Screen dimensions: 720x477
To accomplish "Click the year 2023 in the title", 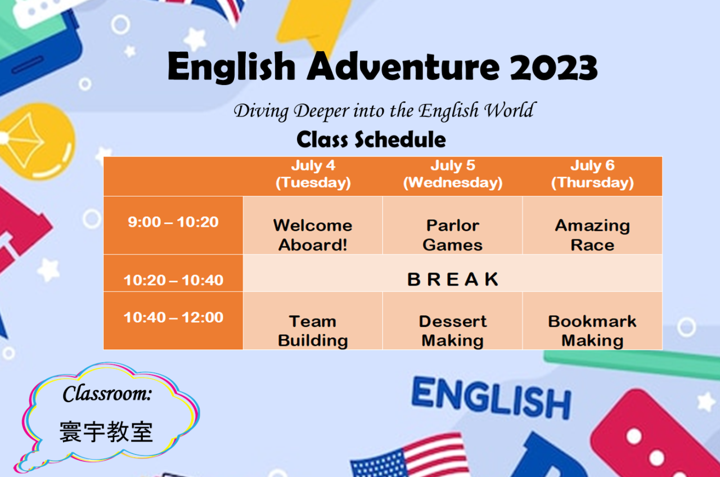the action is click(553, 67).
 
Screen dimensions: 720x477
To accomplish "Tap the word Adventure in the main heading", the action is click(403, 66).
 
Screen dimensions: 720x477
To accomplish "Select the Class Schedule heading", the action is click(371, 139).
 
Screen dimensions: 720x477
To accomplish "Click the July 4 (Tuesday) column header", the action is click(313, 174).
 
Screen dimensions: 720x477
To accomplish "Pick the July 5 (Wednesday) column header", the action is click(453, 174).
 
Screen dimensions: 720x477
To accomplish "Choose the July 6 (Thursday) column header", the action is click(592, 174).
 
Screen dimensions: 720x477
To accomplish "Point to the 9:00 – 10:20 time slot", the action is click(173, 222).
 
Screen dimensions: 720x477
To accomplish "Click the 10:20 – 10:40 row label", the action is click(173, 280).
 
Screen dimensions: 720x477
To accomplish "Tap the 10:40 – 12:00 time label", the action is click(173, 317).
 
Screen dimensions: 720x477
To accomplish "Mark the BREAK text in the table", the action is click(453, 279).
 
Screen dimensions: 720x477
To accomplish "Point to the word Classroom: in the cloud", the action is click(107, 393).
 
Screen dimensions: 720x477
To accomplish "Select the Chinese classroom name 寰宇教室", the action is click(106, 431).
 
